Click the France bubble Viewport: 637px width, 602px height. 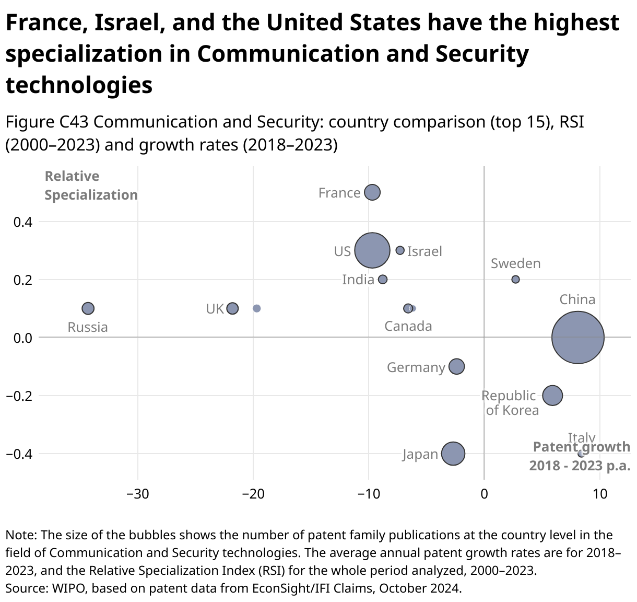(x=372, y=192)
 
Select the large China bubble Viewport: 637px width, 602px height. (x=577, y=338)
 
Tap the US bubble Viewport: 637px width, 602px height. (x=372, y=250)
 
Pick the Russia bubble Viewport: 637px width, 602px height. (x=88, y=308)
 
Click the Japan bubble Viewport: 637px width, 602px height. (x=453, y=454)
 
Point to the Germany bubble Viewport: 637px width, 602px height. (x=456, y=366)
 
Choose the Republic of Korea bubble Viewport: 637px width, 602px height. (x=552, y=396)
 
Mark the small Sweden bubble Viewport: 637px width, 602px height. (x=515, y=280)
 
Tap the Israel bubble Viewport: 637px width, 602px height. (x=400, y=250)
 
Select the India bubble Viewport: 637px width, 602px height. (x=383, y=280)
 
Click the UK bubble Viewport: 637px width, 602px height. (x=232, y=308)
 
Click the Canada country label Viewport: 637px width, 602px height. (x=408, y=327)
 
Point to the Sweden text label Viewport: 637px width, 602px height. (x=515, y=263)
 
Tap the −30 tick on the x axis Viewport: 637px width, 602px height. (x=138, y=493)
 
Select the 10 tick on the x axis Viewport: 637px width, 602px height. (x=600, y=493)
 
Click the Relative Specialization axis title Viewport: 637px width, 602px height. (x=91, y=186)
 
